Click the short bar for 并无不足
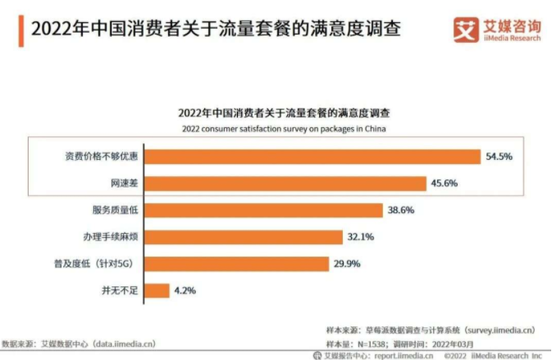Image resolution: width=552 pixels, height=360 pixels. point(159,289)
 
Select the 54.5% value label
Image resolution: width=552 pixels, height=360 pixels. point(499,156)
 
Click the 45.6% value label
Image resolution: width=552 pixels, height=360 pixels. point(445,183)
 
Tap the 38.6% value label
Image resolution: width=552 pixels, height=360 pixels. point(401,210)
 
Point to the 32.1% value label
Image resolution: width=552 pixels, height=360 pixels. point(360,237)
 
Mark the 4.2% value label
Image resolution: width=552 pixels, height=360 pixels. point(185,289)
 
